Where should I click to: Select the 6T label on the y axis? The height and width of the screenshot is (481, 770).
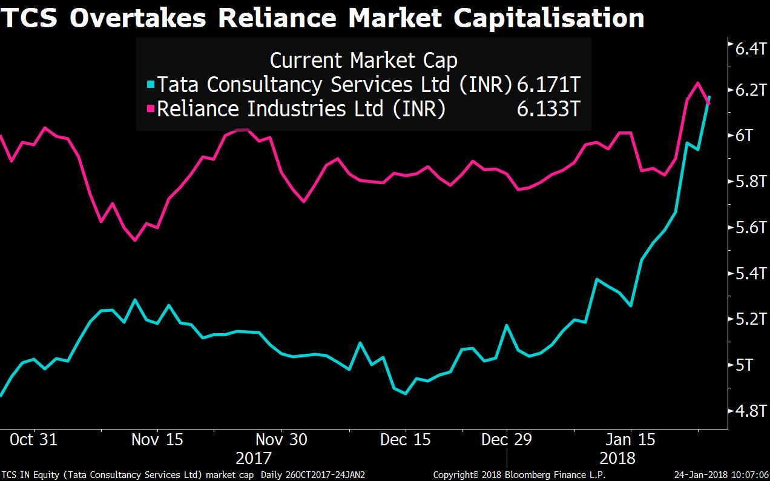point(745,135)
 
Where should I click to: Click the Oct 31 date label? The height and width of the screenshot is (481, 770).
point(33,439)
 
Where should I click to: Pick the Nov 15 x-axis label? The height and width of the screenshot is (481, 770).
point(157,439)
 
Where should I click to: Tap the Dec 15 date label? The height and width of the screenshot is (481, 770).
point(405,439)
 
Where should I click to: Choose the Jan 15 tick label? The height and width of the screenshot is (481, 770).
point(631,439)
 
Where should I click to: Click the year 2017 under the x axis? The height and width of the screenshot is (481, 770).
point(254,457)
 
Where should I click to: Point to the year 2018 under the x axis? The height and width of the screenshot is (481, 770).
point(617,457)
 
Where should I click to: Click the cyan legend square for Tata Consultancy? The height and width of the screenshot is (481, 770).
point(151,84)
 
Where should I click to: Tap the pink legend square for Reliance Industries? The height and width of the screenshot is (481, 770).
point(151,110)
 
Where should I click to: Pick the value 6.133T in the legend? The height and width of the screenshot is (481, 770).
point(549,110)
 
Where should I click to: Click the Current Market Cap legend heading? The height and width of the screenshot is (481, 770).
point(363,60)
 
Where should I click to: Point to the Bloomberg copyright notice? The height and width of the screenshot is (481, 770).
point(519,474)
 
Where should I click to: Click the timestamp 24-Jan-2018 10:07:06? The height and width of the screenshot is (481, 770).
point(722,474)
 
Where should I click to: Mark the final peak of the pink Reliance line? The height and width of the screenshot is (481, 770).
point(697,83)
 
